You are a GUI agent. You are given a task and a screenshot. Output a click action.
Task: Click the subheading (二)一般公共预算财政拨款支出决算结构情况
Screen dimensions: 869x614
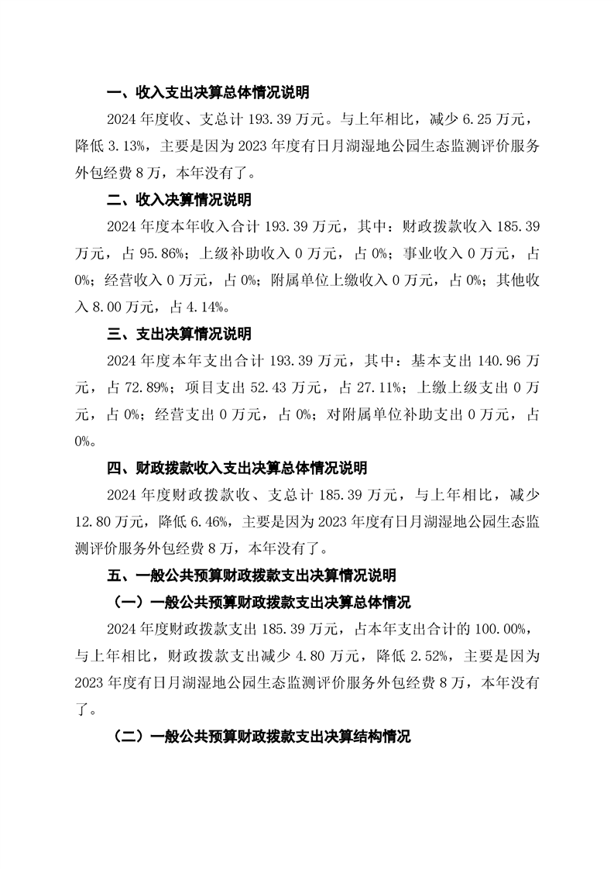262,736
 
